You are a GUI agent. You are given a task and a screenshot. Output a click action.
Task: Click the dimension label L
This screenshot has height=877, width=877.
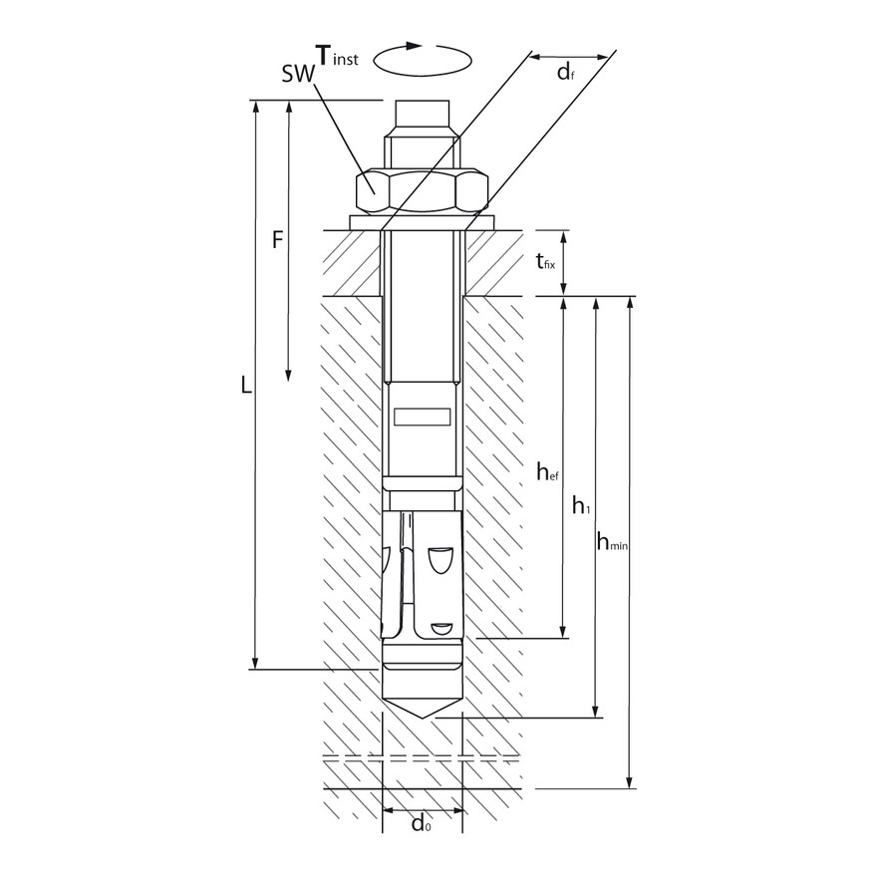tap(246, 385)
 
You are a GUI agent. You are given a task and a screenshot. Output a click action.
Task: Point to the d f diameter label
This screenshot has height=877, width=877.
tap(565, 72)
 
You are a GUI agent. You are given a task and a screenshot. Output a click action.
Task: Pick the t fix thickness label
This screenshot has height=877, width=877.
tap(545, 263)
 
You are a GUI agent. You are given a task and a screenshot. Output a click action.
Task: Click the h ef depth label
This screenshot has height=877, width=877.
tap(546, 472)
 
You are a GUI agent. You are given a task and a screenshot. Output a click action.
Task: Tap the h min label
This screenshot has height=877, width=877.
tap(616, 541)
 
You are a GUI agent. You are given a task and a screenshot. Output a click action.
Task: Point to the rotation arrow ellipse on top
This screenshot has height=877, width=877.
tap(423, 61)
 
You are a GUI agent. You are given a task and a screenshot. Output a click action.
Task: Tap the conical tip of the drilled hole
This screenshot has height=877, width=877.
tap(423, 708)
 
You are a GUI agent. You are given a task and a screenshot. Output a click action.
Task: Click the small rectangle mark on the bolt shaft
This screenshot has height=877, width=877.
tap(423, 418)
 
